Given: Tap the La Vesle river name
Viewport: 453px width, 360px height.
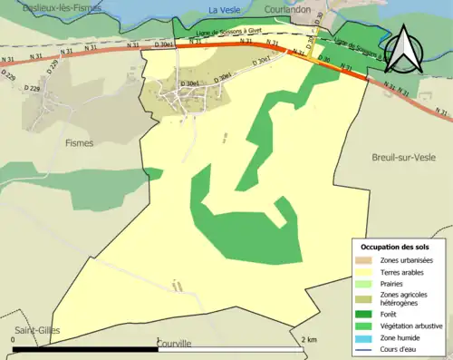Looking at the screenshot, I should [x=224, y=11].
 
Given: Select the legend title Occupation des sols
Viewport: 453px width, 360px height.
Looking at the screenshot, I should [x=395, y=247].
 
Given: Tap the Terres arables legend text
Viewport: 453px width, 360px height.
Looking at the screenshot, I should [x=403, y=271].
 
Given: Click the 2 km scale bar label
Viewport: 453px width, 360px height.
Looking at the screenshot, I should [x=310, y=339].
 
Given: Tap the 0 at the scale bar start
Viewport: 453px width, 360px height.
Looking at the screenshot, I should [x=14, y=339].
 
